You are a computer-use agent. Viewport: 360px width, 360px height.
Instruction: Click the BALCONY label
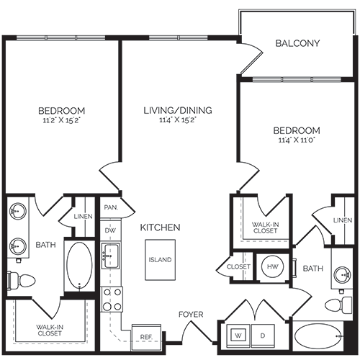click(297, 43)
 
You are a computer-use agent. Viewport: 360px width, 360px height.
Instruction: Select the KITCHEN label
click(160, 228)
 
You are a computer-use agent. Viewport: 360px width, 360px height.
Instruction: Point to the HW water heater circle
click(271, 266)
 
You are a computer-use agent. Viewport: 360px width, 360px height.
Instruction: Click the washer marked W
click(238, 335)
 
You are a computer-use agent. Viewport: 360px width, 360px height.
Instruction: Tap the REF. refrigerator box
click(144, 336)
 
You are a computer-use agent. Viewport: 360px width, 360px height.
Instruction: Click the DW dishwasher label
click(110, 230)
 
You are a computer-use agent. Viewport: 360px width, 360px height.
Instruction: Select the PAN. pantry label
click(110, 207)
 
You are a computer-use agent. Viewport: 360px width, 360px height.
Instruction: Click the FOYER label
click(191, 315)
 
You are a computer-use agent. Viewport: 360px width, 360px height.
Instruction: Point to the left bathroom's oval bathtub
click(79, 265)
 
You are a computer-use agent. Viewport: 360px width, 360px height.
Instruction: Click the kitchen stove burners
click(112, 300)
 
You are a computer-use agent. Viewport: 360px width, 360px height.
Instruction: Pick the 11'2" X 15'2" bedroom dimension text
click(61, 121)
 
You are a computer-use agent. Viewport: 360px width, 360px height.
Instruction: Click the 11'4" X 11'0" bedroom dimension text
click(297, 141)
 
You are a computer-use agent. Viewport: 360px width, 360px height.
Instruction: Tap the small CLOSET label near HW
click(238, 266)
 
